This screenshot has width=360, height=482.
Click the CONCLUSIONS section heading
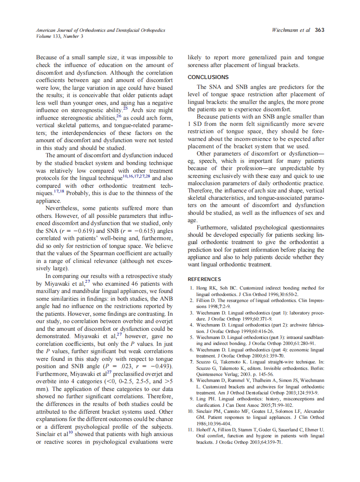coord(208,77)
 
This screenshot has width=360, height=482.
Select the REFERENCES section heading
coord(204,279)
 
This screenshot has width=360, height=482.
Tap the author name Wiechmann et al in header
coord(291,30)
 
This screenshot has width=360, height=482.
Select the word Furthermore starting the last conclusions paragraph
coord(216,227)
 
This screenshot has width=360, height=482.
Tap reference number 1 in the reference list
coord(191,288)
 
